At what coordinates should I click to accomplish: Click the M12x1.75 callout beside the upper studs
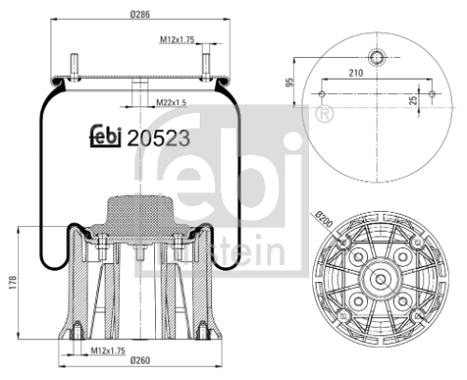click(177, 39)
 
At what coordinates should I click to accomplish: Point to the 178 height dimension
click(10, 283)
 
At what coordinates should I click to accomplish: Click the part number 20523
click(159, 137)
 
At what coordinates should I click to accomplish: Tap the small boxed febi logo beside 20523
click(106, 137)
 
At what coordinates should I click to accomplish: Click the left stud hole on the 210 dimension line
click(324, 94)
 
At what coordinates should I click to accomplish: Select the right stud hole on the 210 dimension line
click(435, 94)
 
